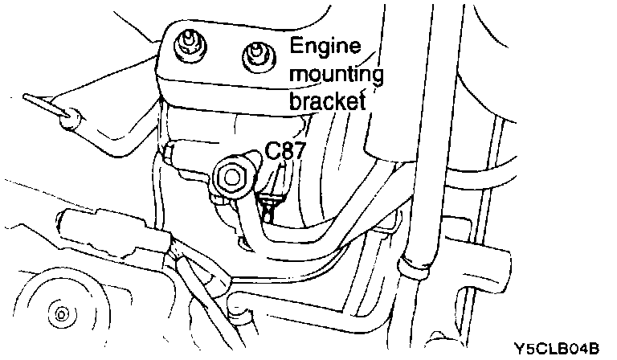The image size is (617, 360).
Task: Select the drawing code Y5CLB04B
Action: [559, 348]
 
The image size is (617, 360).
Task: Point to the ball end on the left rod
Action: [71, 117]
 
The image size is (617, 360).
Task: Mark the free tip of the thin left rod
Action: [27, 97]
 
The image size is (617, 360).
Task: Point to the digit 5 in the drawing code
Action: [533, 348]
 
